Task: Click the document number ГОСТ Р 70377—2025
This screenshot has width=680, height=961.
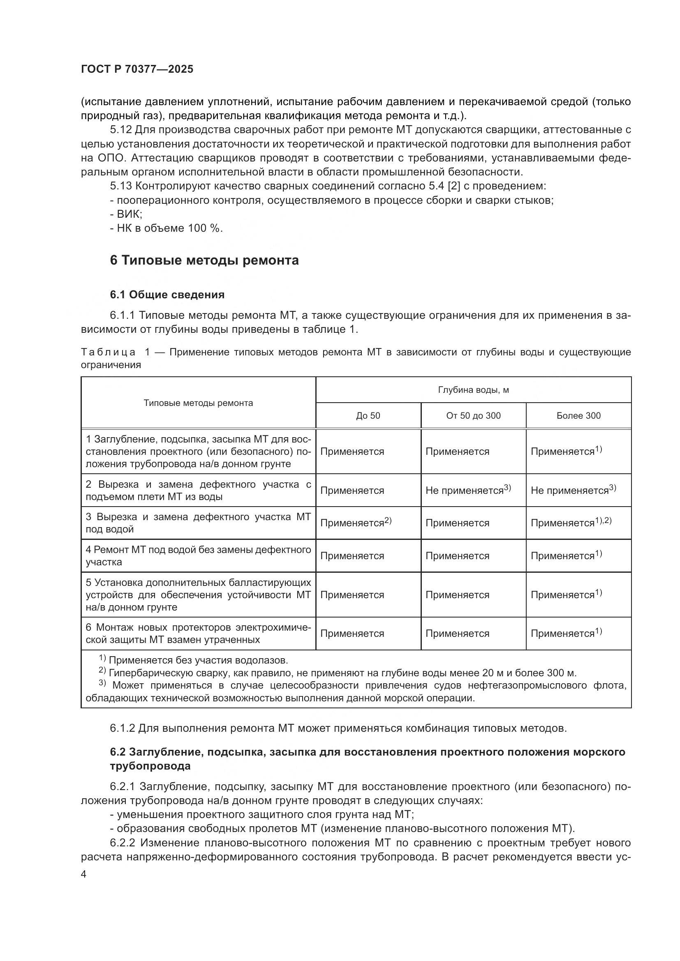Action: (137, 69)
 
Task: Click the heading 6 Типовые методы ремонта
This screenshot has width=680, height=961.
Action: (204, 260)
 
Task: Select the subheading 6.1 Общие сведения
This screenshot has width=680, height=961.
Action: (167, 295)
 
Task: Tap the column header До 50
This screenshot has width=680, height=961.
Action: (368, 416)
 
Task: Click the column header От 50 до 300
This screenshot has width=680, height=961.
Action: (473, 416)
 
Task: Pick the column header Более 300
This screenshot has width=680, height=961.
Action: (578, 416)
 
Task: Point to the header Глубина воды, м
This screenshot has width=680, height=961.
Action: (473, 390)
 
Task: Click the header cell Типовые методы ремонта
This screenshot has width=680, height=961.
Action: (198, 403)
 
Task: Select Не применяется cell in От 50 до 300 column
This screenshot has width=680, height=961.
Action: (468, 490)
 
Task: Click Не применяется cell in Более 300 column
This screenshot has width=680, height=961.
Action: (573, 490)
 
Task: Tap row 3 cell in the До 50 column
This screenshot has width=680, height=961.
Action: (356, 523)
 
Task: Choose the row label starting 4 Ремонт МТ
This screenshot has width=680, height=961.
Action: (198, 555)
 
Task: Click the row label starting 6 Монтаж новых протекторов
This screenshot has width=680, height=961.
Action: (198, 633)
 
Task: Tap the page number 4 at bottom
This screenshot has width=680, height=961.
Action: (84, 874)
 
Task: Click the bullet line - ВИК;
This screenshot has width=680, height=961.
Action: (126, 214)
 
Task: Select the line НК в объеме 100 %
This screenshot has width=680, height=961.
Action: (166, 228)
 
